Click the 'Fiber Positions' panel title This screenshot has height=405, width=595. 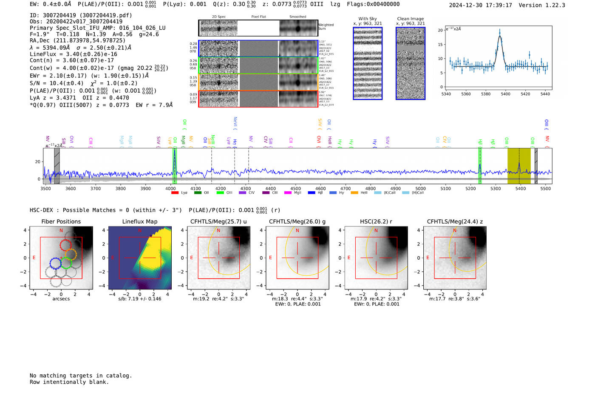pos(61,221)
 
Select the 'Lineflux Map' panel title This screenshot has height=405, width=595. pos(139,221)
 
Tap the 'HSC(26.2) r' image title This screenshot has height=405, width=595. pos(376,221)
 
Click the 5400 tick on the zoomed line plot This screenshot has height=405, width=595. pos(505,94)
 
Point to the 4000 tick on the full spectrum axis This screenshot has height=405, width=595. pos(170,188)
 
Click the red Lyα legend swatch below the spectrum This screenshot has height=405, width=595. pos(175,193)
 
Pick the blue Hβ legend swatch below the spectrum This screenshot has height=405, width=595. pos(312,193)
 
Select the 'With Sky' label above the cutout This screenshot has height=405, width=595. pos(367,19)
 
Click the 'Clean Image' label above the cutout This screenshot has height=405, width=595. pos(410,19)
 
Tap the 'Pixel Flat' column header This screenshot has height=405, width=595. pos(258,17)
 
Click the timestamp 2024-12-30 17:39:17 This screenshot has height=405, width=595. pos(480,5)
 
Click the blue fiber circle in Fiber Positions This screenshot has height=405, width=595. pos(56,263)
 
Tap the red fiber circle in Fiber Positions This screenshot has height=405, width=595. pos(65,245)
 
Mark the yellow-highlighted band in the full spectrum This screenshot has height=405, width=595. pos(519,166)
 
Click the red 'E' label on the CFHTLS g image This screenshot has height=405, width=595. pos(270,258)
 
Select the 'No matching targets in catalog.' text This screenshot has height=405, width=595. pos(81,375)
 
